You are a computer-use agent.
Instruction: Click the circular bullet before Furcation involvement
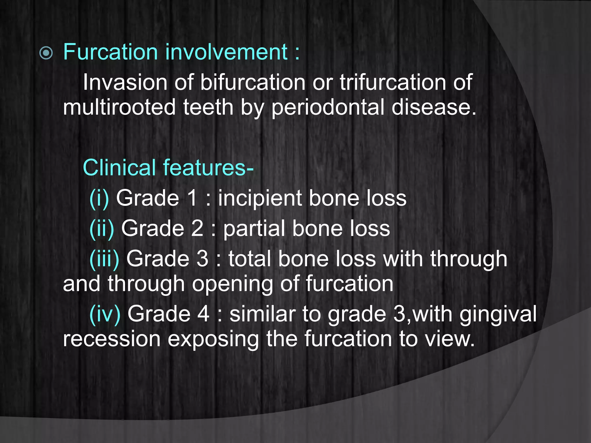[x=46, y=53]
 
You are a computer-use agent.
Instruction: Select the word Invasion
[x=125, y=82]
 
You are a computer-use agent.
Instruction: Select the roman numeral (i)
[x=99, y=199]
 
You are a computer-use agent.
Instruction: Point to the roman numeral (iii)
[x=104, y=259]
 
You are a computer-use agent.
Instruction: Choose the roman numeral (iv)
[x=105, y=314]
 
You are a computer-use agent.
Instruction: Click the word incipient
[x=260, y=199]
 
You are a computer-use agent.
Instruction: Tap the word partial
[x=254, y=229]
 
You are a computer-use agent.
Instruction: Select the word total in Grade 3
[x=250, y=259]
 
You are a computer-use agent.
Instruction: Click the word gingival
[x=498, y=315]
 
